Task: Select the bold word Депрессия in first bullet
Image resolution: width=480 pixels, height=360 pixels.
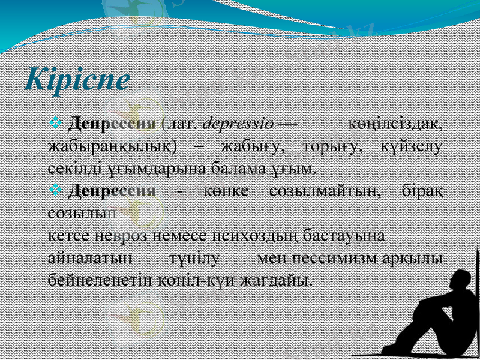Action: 112,125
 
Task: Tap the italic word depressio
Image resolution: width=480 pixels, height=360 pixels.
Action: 238,125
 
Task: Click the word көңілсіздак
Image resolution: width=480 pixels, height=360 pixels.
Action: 397,125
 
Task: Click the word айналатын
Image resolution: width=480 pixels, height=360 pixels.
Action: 89,258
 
